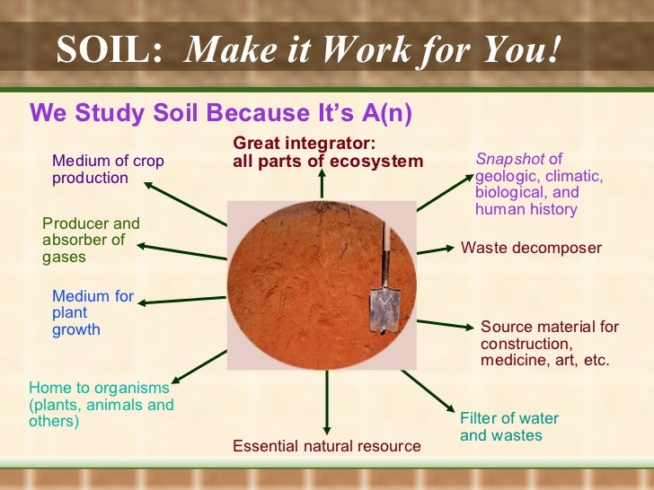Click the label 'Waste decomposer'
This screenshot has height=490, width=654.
(531, 248)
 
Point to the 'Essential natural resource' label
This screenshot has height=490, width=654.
(326, 446)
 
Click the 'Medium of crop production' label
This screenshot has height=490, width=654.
(108, 169)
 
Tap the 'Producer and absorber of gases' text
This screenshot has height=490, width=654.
(91, 240)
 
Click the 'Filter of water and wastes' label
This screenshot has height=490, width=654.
(508, 426)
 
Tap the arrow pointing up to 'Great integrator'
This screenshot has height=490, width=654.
(322, 185)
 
